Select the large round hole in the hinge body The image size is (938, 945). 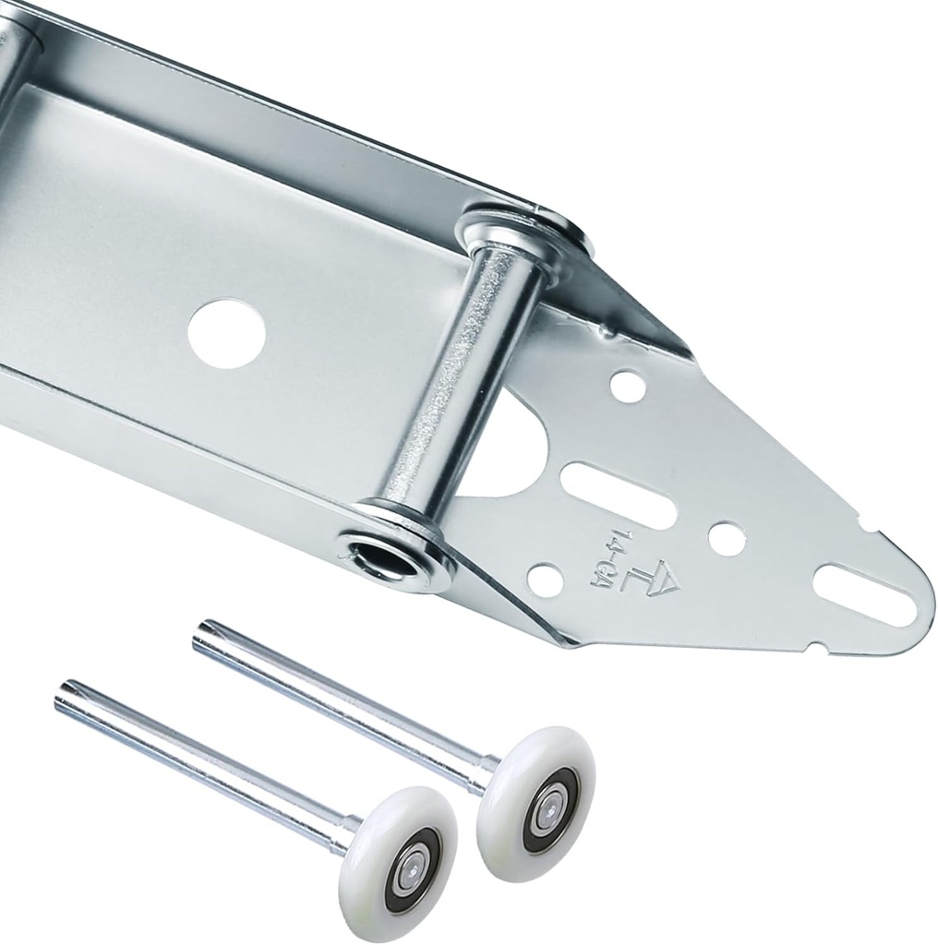click(226, 332)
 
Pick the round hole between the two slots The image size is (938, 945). click(726, 538)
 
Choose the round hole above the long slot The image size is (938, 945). click(628, 386)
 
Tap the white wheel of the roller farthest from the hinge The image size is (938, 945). click(398, 862)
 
